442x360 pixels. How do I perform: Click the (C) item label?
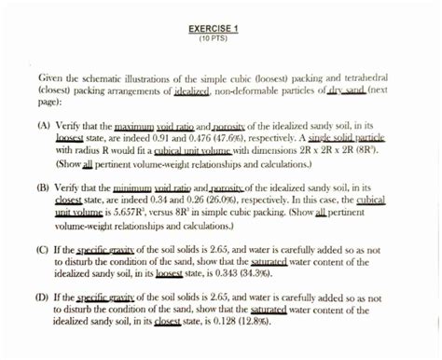[45, 250]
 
